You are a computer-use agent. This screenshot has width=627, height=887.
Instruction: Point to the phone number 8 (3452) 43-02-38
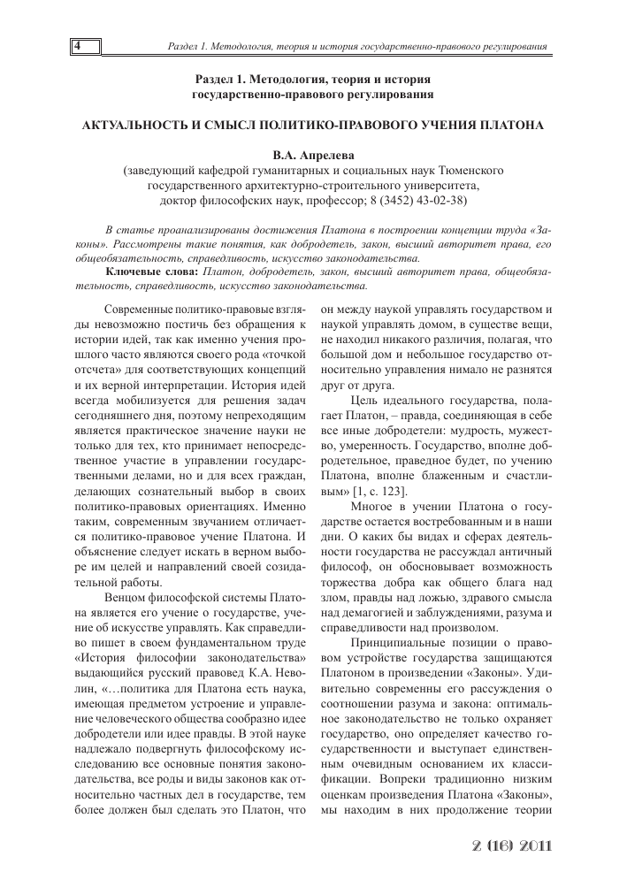(417, 200)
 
